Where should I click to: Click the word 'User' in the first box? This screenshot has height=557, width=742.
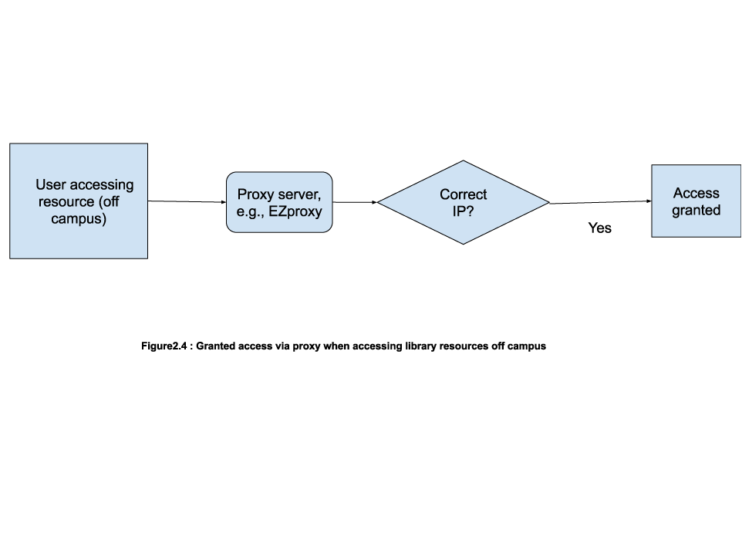(x=51, y=185)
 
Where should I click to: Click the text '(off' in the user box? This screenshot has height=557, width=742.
(x=109, y=202)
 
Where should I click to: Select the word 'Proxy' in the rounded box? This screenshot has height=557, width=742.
(x=255, y=194)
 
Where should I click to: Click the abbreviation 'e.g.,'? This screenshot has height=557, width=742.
(x=251, y=211)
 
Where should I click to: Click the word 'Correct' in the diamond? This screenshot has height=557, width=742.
(x=463, y=194)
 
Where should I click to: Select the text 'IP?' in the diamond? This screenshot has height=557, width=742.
(x=463, y=211)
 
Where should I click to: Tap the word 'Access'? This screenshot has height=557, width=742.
(x=696, y=193)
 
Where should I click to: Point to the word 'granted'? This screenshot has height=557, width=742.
(x=696, y=210)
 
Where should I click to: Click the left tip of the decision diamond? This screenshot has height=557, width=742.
(x=379, y=203)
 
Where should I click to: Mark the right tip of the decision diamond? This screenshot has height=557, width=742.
(x=548, y=203)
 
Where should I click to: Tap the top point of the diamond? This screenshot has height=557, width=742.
(x=463, y=162)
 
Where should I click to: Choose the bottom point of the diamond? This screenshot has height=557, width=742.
(x=463, y=243)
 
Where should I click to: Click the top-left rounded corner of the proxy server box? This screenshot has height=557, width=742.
(x=230, y=176)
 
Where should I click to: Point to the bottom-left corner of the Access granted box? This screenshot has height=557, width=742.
(x=653, y=235)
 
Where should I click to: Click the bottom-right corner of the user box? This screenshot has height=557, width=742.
(x=147, y=257)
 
